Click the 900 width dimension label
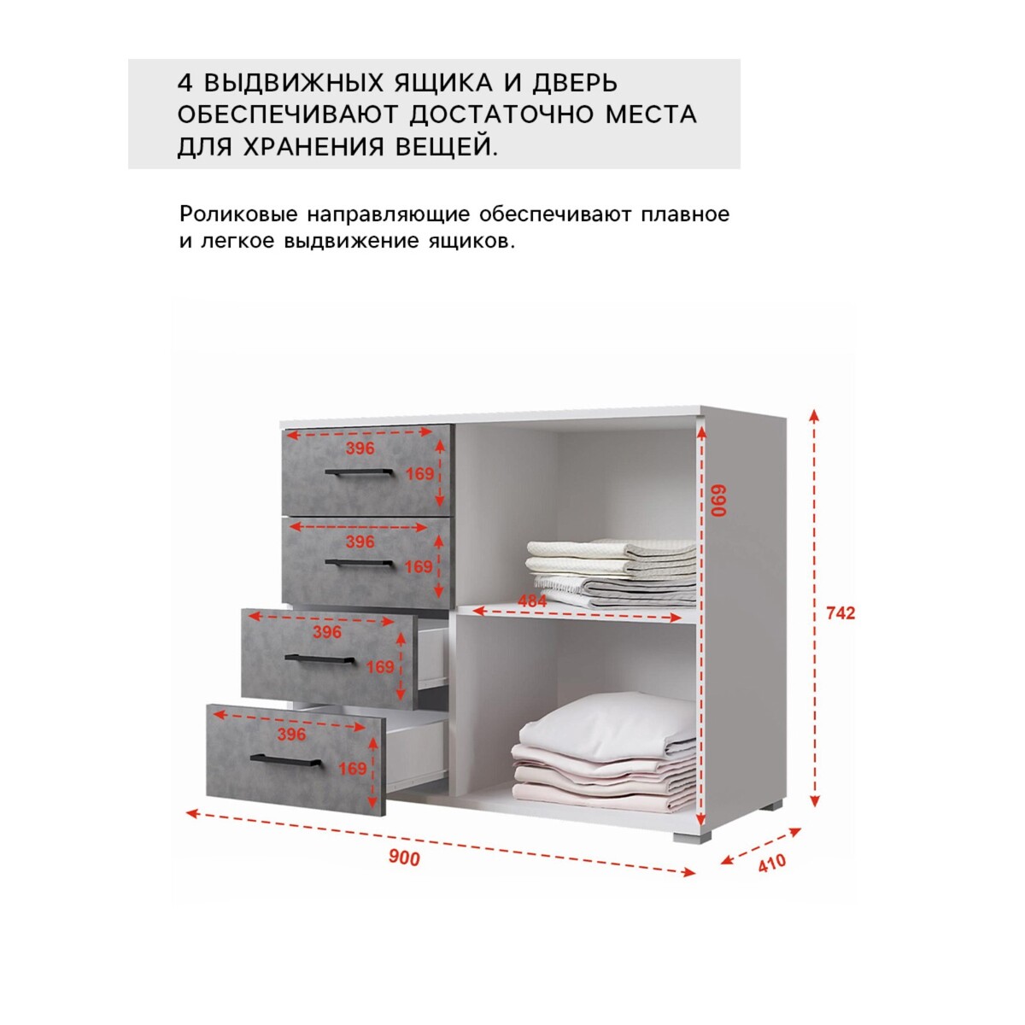coord(404,858)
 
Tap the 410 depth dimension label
coord(772,862)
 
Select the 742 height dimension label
coord(840,613)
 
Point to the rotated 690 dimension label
coord(720,501)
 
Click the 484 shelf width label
coord(532,601)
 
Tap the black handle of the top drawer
coord(359,471)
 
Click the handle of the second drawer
coord(359,562)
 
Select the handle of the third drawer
coord(319,659)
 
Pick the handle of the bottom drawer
coord(285,761)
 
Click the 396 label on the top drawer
coord(360,448)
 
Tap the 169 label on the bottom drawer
coord(353,769)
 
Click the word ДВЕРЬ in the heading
coord(576,84)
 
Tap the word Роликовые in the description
coord(239,214)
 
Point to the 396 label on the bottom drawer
coord(291,734)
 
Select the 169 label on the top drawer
coord(420,473)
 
